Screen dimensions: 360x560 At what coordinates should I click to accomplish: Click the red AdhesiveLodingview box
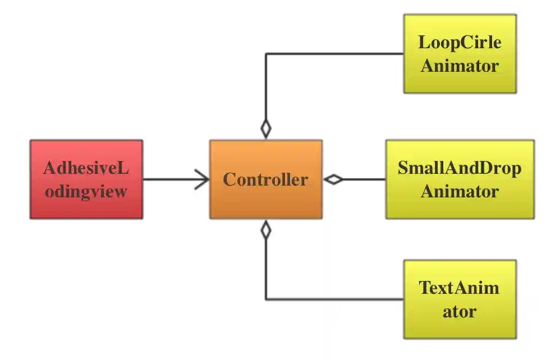click(86, 179)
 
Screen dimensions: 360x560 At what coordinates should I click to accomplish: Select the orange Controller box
click(265, 179)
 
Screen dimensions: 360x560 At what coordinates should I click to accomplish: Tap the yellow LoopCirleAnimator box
click(460, 54)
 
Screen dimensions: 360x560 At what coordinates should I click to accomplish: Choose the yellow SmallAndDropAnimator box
click(460, 179)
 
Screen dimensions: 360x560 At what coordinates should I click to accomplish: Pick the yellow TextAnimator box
click(460, 299)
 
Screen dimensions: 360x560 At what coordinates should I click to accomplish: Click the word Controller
click(265, 180)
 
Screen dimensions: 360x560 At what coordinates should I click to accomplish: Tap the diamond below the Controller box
click(265, 229)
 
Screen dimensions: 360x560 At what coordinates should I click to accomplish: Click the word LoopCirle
click(460, 43)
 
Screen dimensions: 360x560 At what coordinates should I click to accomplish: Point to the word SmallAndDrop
click(460, 168)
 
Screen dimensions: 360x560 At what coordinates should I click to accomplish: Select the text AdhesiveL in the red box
click(86, 168)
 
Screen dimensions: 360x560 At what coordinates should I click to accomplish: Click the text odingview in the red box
click(86, 191)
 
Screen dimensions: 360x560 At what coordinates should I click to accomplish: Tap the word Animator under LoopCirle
click(460, 66)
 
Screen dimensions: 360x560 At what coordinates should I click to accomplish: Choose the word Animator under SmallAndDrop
click(460, 191)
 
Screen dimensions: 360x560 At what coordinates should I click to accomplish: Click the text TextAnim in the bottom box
click(460, 288)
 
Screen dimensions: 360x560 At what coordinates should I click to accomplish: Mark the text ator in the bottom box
click(460, 311)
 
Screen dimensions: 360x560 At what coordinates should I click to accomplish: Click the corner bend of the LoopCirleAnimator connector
click(265, 54)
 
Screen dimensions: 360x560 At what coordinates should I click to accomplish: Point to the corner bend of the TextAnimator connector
click(265, 299)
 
